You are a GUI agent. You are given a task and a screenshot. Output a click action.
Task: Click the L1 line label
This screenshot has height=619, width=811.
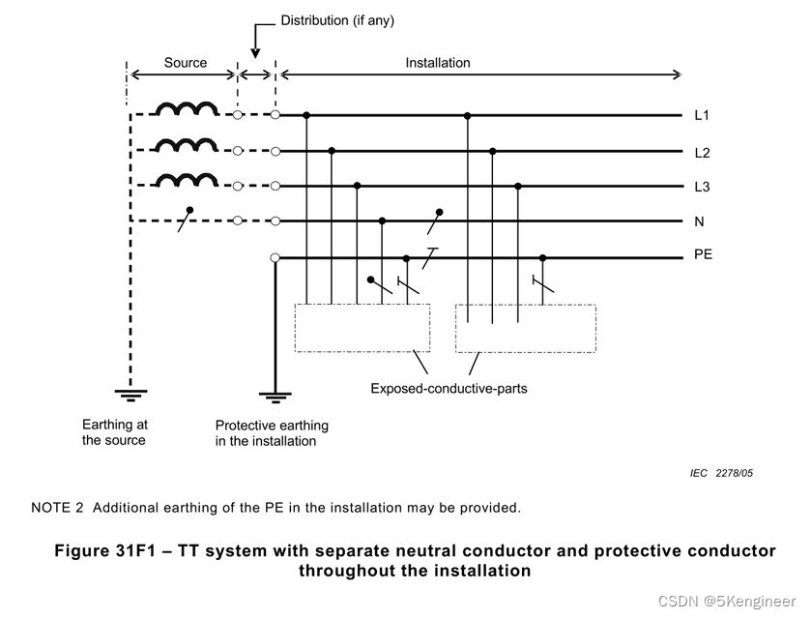coord(702,116)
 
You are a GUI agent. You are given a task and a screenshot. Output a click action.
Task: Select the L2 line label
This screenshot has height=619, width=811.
coord(702,152)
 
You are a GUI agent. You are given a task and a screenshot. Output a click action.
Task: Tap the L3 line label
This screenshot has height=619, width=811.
coord(702,187)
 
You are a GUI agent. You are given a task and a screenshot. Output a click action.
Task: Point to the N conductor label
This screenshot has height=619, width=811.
coord(699,221)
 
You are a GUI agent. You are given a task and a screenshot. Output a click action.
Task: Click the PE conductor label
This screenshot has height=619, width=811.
coord(703,256)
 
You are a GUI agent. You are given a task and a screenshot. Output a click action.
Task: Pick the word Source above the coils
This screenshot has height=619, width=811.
coord(185,63)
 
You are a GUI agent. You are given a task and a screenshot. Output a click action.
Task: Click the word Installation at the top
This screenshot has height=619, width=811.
coord(437,63)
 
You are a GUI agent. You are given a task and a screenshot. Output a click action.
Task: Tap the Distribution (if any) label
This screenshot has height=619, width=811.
coord(337,20)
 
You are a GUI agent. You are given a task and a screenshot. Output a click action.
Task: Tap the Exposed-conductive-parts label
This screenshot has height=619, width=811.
coord(449,389)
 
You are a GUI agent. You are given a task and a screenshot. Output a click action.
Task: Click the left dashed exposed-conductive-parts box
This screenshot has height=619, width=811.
coord(362,328)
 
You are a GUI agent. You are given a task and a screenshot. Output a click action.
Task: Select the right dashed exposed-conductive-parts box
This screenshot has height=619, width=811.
coord(525,328)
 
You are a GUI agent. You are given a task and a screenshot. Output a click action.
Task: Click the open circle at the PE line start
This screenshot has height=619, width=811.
coord(275,257)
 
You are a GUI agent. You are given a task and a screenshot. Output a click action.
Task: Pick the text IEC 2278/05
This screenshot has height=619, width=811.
coord(721,473)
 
